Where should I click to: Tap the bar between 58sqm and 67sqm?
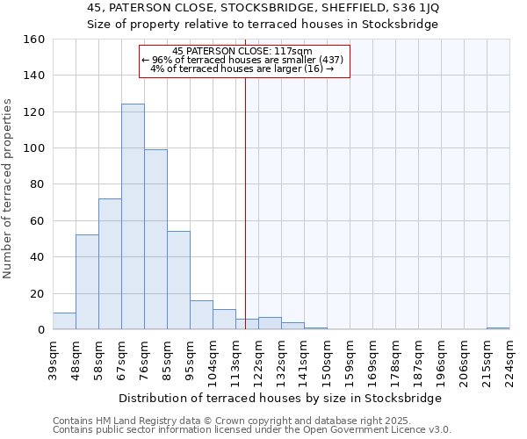tap(110, 264)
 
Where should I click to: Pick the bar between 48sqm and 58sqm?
tap(87, 282)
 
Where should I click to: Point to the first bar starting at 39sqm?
tap(64, 321)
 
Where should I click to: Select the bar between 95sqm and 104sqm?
tap(201, 315)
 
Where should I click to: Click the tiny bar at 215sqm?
tap(498, 328)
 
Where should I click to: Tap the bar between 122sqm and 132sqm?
tap(270, 323)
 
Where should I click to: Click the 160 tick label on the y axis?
tap(33, 40)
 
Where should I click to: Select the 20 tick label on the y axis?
tap(37, 293)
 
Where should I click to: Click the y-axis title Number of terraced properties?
tap(9, 189)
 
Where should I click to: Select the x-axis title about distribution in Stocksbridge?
tap(280, 398)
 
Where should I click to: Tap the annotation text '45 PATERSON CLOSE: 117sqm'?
tap(242, 51)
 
